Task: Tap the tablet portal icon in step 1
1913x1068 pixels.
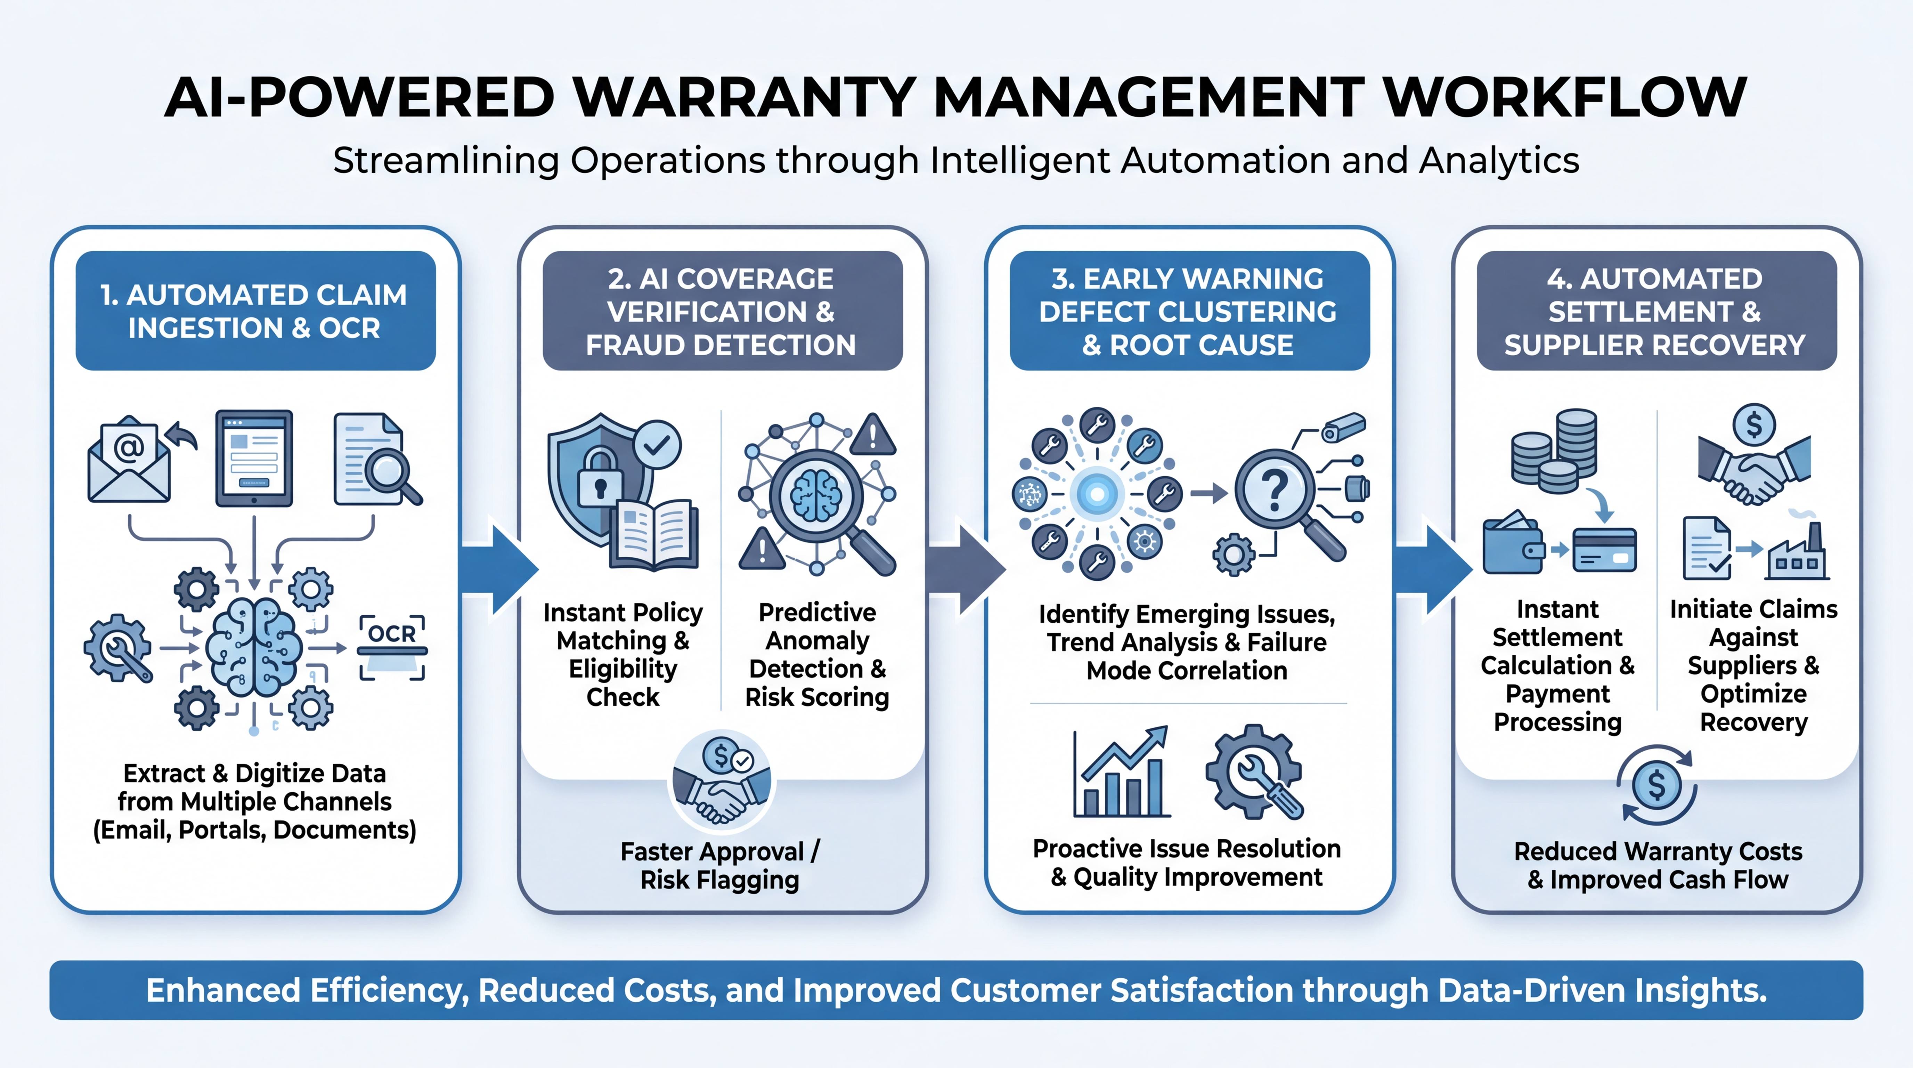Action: pyautogui.click(x=254, y=458)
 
